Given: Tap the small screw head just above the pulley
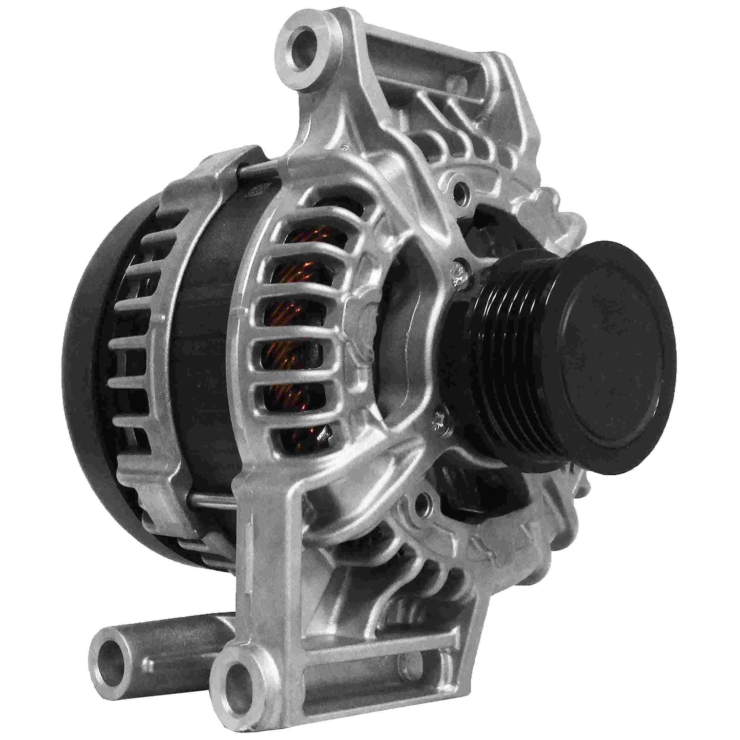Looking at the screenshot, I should (x=458, y=271).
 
